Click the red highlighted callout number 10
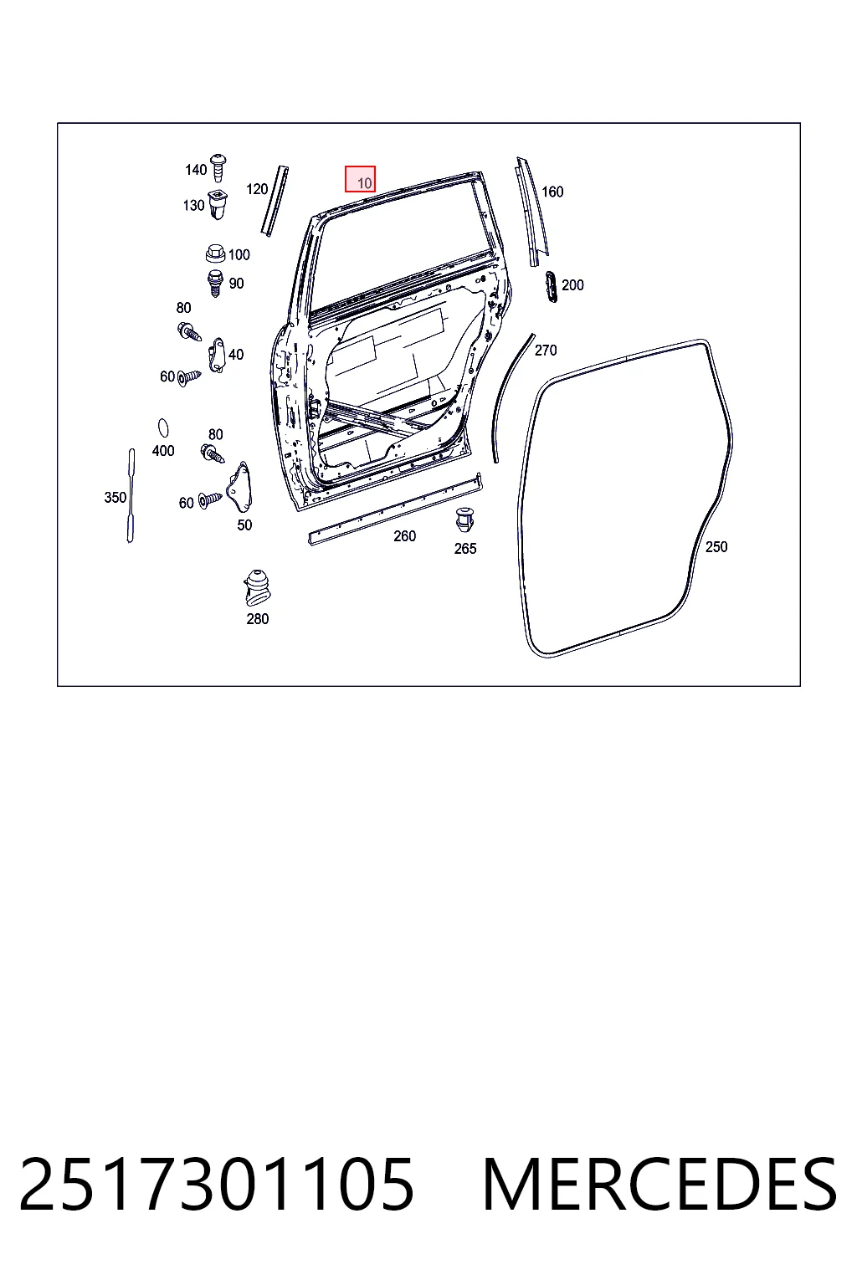[360, 180]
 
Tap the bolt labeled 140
[218, 167]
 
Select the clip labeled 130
[218, 204]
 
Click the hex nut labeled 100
[215, 253]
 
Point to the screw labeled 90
[215, 283]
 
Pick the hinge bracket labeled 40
[217, 355]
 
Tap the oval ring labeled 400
[163, 428]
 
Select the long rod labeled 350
[131, 495]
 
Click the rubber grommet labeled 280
[257, 587]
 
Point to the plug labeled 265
[464, 520]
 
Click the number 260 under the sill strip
[405, 535]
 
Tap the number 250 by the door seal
[716, 546]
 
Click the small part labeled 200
[551, 286]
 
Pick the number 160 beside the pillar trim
[552, 192]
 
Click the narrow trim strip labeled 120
[275, 201]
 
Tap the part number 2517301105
[217, 1185]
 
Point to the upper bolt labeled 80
[189, 331]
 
